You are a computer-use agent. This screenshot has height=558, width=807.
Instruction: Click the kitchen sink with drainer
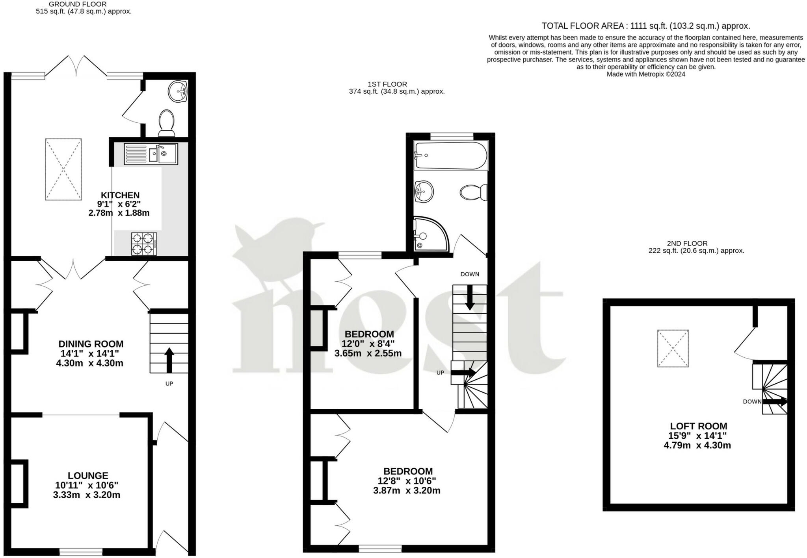pos(151,154)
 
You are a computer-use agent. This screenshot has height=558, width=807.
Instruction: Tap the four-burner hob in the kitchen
pos(144,244)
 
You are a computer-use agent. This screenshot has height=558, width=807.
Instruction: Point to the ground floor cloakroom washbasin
pos(177,92)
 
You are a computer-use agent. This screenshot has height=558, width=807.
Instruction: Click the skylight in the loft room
pos(673,348)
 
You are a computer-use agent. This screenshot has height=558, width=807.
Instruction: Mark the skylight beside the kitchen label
pos(63,169)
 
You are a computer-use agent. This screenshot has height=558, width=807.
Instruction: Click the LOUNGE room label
pos(88,475)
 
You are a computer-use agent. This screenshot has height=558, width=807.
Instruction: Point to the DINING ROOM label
pos(91,344)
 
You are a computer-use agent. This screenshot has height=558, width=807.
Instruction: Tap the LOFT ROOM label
pos(699,426)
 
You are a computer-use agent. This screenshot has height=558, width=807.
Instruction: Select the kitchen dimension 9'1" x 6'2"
pos(119,204)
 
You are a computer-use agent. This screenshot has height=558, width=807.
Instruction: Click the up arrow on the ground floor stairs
pos(169,360)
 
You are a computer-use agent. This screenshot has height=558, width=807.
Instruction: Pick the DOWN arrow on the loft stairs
pos(775,402)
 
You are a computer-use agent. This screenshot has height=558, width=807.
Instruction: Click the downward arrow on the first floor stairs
pos(470,297)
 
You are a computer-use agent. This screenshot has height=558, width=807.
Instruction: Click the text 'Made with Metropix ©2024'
pos(646,74)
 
